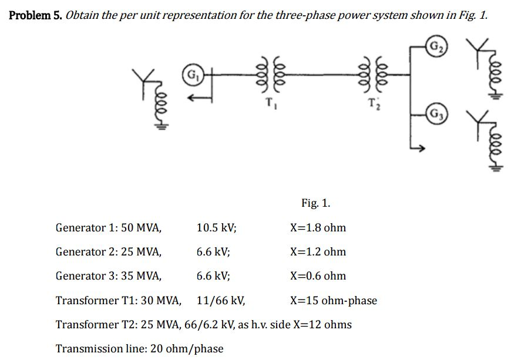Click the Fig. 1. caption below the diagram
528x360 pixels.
[316, 203]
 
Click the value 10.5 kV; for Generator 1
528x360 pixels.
[217, 227]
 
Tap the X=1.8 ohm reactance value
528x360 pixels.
[318, 227]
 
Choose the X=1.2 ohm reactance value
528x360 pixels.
[318, 251]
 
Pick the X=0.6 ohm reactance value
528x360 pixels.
[318, 275]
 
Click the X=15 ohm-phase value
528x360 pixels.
[334, 301]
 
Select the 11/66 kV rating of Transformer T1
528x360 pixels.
[220, 301]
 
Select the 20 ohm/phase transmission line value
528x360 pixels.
[187, 348]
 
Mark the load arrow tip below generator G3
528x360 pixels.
[422, 150]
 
